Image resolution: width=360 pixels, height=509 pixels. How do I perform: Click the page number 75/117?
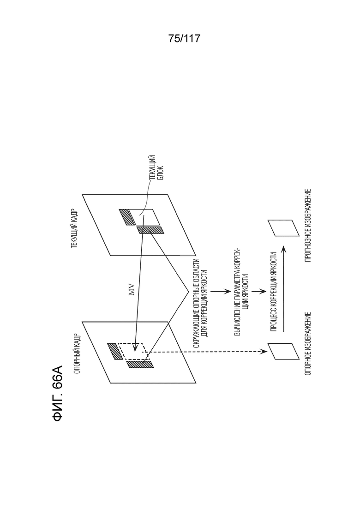click(184, 39)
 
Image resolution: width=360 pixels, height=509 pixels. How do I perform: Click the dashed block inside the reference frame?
click(133, 351)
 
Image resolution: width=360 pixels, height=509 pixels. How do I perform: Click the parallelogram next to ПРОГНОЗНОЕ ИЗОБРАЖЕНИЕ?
click(283, 228)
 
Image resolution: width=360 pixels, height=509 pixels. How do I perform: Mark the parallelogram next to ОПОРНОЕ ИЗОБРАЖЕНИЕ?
click(283, 351)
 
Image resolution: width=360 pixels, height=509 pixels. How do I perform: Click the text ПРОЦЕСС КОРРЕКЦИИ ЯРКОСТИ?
click(273, 292)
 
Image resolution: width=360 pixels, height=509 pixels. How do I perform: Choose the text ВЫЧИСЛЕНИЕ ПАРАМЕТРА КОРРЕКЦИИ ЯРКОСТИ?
click(241, 291)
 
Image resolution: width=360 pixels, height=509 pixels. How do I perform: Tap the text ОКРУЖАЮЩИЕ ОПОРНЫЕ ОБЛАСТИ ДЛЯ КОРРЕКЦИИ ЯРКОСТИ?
click(200, 304)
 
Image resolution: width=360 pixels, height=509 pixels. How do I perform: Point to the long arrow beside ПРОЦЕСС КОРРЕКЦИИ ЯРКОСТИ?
click(283, 288)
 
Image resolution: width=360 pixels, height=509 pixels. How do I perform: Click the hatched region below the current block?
click(150, 230)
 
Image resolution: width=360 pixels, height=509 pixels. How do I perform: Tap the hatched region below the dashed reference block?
click(140, 364)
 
